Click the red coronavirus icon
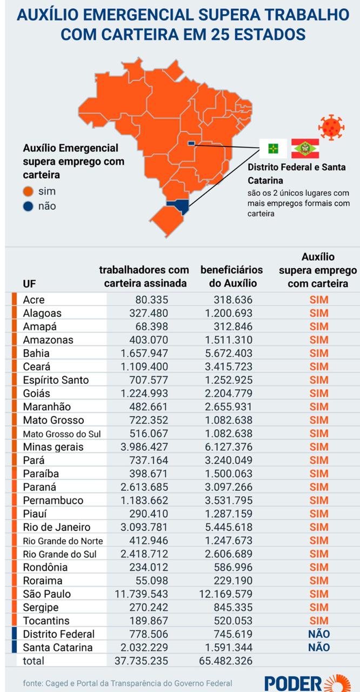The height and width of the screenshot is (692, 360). pyautogui.click(x=331, y=127)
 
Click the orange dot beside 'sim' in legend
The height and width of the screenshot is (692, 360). pyautogui.click(x=28, y=191)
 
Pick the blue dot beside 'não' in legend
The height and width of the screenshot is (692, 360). pyautogui.click(x=28, y=206)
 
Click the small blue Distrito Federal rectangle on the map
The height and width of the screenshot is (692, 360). pyautogui.click(x=191, y=143)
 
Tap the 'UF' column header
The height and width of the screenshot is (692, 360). pyautogui.click(x=30, y=283)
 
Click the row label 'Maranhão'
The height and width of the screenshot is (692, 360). pyautogui.click(x=47, y=407)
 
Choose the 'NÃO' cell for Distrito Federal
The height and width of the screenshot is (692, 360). pyautogui.click(x=319, y=634)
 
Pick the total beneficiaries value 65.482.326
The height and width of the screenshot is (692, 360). pyautogui.click(x=226, y=661)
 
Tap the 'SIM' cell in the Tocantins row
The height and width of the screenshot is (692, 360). pyautogui.click(x=319, y=621)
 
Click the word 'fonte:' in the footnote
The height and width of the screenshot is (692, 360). pyautogui.click(x=34, y=683)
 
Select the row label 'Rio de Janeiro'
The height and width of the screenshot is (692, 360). pyautogui.click(x=57, y=527)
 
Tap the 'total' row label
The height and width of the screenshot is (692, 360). pyautogui.click(x=34, y=661)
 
